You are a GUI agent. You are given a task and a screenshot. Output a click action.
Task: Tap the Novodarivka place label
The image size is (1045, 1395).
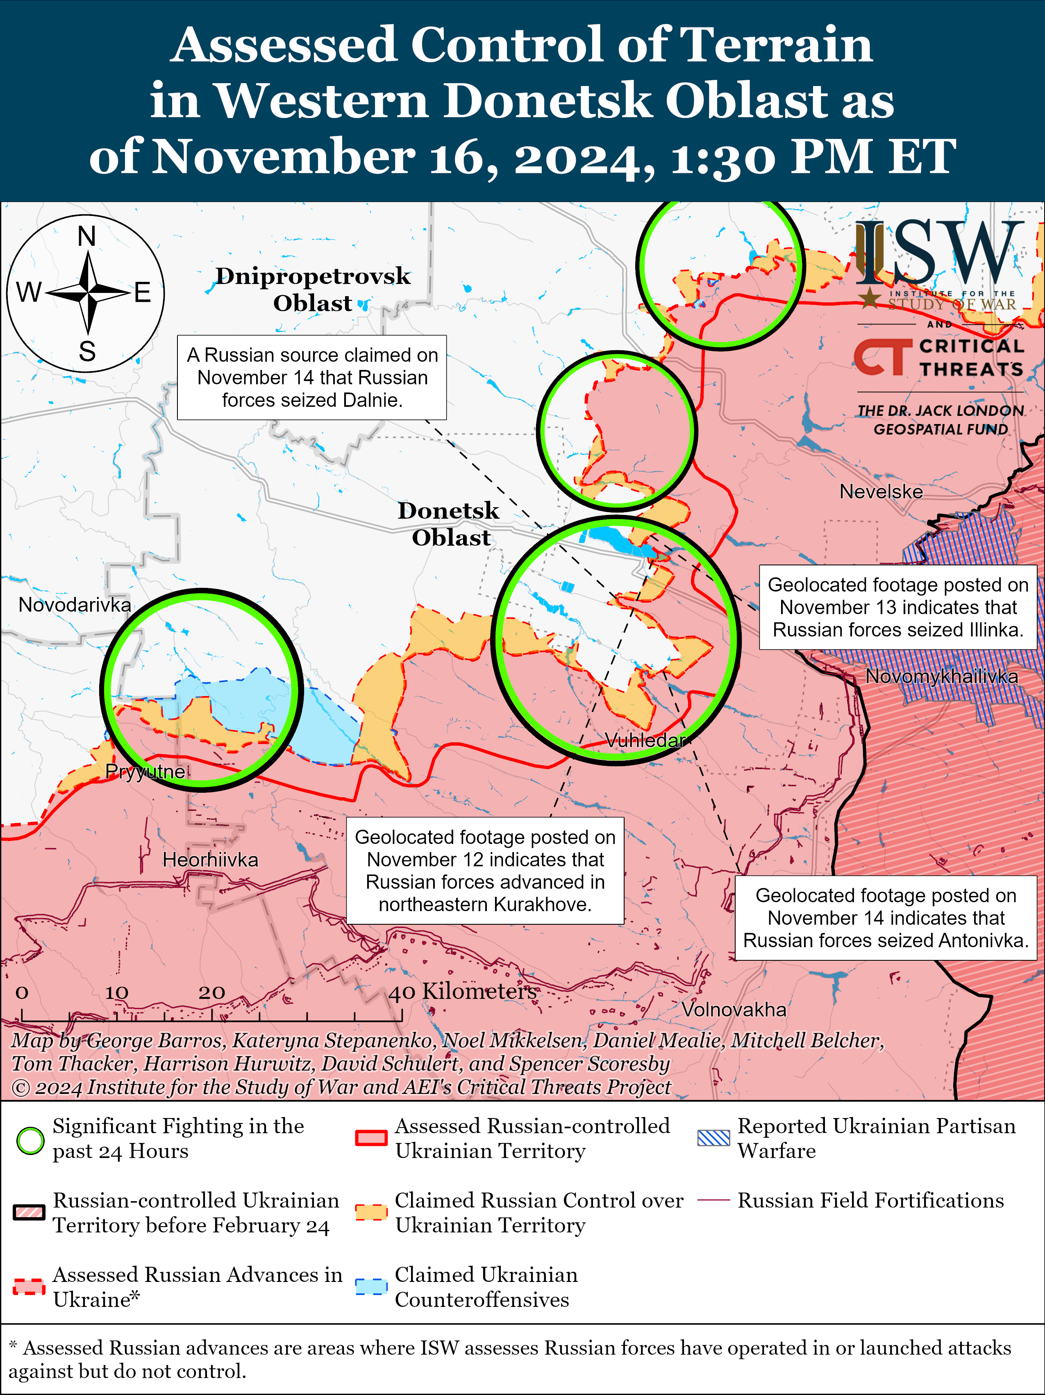point(75,605)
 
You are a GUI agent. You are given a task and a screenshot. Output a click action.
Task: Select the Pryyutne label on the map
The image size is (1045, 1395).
point(145,771)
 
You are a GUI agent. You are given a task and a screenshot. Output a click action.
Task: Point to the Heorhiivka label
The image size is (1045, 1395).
point(210,860)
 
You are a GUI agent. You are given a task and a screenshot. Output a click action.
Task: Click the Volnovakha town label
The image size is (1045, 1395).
point(734,1009)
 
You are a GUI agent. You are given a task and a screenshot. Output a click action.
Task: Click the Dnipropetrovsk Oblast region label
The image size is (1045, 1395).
point(313,290)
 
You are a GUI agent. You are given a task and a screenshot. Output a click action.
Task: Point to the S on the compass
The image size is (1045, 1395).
point(87,351)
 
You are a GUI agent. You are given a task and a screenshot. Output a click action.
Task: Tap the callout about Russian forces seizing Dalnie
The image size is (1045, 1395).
point(312,378)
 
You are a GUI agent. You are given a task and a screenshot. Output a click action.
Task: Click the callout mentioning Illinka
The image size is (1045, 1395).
point(897,607)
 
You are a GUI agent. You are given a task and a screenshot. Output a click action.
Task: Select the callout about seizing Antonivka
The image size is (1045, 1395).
point(886,918)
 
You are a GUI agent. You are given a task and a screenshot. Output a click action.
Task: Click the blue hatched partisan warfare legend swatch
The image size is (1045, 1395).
point(713,1138)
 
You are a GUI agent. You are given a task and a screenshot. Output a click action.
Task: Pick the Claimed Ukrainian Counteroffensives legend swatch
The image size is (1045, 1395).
point(371,1286)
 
